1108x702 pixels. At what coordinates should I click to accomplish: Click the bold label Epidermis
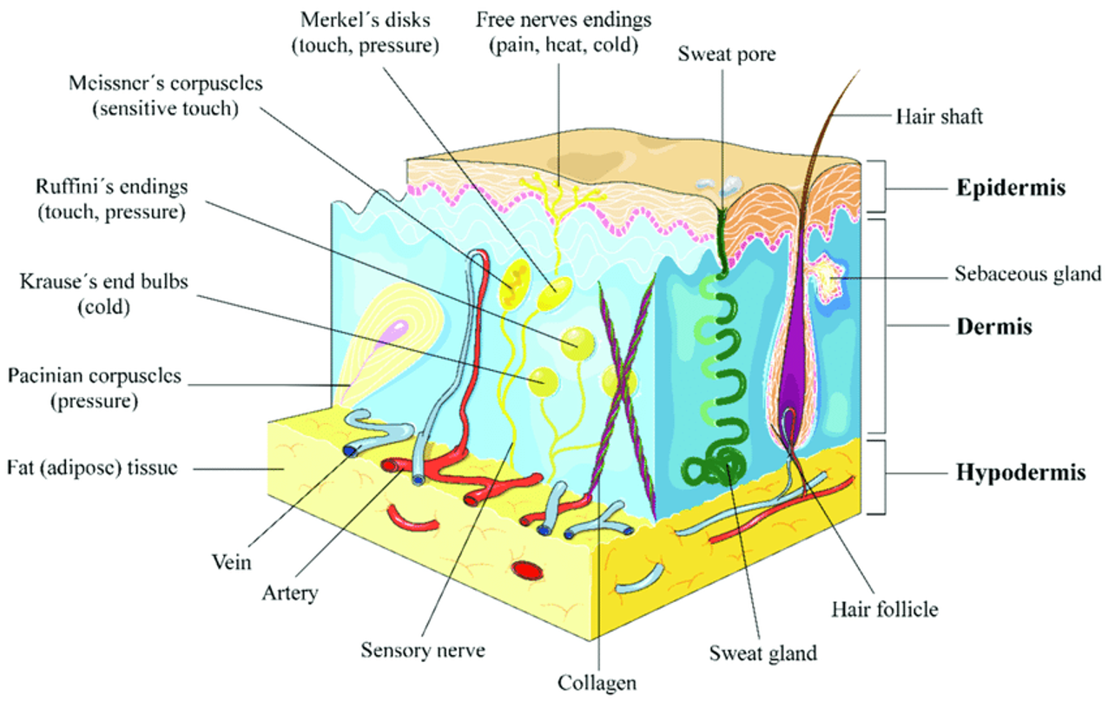tap(1011, 188)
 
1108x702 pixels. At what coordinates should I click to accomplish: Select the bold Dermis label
tap(994, 327)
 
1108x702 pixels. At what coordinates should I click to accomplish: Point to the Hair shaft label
tap(940, 116)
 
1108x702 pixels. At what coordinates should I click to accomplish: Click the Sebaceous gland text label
tap(1027, 275)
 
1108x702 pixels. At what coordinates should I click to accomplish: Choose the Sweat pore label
tap(726, 55)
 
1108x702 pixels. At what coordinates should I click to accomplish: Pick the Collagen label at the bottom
tap(597, 683)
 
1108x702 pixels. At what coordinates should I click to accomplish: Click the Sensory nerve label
tap(423, 650)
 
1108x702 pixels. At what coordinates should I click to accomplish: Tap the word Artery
tap(290, 594)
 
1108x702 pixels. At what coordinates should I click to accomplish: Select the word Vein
tap(233, 562)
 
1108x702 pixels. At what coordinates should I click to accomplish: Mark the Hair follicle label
tap(884, 608)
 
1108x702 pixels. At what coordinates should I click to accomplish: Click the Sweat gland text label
tap(762, 652)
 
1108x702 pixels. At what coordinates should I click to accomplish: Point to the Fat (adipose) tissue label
tap(92, 467)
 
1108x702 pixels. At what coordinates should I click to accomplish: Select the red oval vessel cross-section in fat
tap(525, 570)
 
